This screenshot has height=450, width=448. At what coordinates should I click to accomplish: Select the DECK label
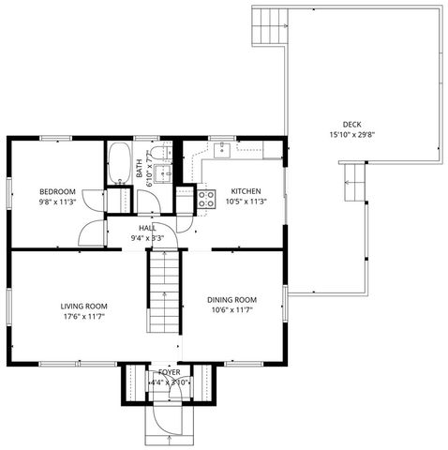pos(351,124)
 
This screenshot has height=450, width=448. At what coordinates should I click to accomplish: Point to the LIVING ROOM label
pos(83,306)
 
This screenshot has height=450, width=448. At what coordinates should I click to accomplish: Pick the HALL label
pos(147,227)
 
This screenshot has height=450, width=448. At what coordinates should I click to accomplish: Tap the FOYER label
pos(169,372)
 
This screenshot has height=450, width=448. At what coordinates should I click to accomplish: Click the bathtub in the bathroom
pos(119,163)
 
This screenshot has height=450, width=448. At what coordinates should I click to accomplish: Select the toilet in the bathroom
pos(159,153)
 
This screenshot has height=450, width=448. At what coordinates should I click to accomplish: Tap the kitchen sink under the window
pos(224,149)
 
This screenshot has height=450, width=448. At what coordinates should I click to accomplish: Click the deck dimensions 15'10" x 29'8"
pos(351,135)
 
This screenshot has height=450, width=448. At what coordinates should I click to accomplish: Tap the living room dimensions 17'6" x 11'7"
pos(83,317)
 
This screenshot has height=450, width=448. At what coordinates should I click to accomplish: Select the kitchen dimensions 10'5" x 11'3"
pos(246,201)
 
